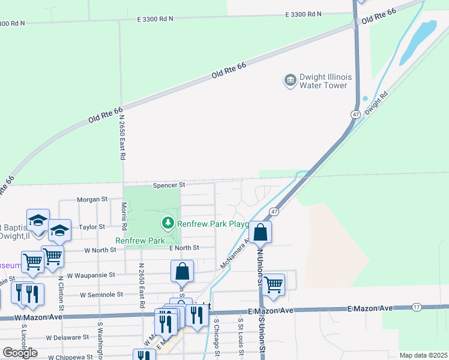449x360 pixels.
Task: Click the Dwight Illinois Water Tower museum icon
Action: pyautogui.click(x=290, y=80)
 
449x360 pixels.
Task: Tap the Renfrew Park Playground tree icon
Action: pyautogui.click(x=168, y=224)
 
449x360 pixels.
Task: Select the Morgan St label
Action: pyautogui.click(x=92, y=199)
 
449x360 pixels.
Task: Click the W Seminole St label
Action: pyautogui.click(x=103, y=295)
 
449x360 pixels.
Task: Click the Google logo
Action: pyautogui.click(x=20, y=353)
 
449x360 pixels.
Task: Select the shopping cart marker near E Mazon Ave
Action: pyautogui.click(x=274, y=284)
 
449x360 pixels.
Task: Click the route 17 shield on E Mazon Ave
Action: pyautogui.click(x=416, y=307)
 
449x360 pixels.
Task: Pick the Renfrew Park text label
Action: pyautogui.click(x=140, y=241)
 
